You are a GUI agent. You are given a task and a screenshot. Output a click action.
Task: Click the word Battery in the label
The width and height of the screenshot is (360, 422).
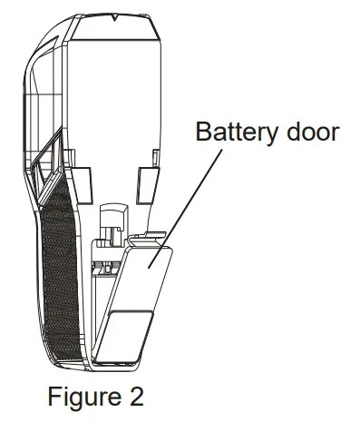click(x=236, y=132)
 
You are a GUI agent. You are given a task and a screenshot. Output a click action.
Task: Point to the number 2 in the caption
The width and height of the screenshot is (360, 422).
click(x=135, y=397)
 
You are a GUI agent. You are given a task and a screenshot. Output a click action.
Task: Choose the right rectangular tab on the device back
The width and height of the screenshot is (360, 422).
click(x=148, y=179)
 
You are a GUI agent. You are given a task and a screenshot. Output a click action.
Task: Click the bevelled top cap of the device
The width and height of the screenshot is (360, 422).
click(x=115, y=31)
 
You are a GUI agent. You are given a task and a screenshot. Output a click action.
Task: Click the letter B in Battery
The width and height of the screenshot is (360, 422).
click(x=201, y=132)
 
